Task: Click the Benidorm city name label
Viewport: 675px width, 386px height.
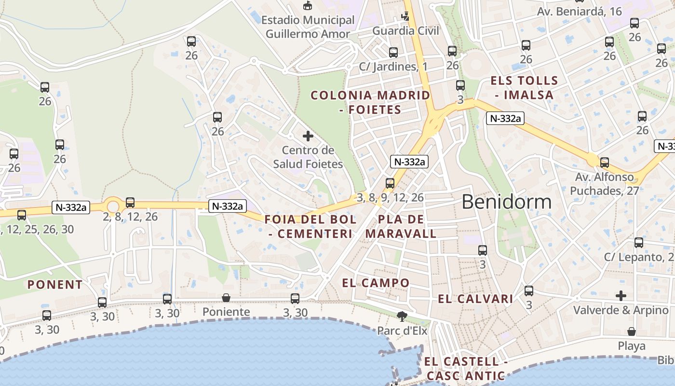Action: [506, 202]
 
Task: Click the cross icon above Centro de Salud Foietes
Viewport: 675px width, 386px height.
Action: [308, 136]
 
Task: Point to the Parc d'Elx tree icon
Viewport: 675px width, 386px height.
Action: [401, 317]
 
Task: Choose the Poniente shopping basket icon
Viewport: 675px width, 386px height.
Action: [226, 298]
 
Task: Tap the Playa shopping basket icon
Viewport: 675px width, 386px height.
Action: [631, 331]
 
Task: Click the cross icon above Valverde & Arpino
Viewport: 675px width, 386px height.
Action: [621, 295]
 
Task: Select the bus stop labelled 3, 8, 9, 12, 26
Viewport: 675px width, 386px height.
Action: [390, 183]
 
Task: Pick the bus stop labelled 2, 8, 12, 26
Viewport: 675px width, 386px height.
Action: [130, 203]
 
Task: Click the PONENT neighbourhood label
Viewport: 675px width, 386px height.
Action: [55, 285]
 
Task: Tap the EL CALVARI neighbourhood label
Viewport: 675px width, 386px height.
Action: [475, 299]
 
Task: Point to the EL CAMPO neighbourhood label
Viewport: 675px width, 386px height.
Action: [376, 283]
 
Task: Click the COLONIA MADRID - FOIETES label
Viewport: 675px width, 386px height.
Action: [370, 102]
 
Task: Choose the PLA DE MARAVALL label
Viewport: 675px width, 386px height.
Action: [401, 227]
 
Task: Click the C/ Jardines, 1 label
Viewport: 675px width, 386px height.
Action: [393, 67]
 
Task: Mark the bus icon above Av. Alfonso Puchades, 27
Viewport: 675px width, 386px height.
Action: [605, 163]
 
